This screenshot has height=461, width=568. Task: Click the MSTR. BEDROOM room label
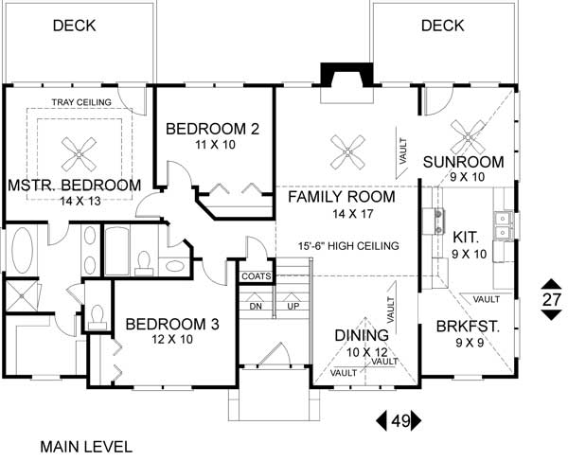pyautogui.click(x=75, y=185)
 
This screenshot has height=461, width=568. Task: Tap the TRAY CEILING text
pyautogui.click(x=81, y=102)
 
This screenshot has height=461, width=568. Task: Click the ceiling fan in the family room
pyautogui.click(x=347, y=146)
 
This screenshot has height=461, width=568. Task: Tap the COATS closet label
pyautogui.click(x=256, y=276)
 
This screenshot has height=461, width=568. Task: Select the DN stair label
pyautogui.click(x=255, y=306)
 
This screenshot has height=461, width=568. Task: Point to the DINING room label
pyautogui.click(x=363, y=335)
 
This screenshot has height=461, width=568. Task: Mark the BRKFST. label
pyautogui.click(x=467, y=327)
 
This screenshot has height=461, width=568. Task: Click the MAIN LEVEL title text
pyautogui.click(x=86, y=446)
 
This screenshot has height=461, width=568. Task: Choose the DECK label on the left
pyautogui.click(x=74, y=26)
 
